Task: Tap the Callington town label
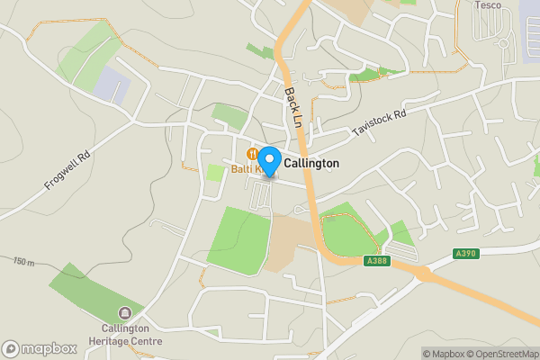tap(311, 164)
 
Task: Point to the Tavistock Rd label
tap(380, 123)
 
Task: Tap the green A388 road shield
tap(377, 261)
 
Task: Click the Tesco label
tap(488, 4)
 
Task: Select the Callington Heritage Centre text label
tap(125, 335)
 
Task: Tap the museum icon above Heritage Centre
tap(125, 314)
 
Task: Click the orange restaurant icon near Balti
tap(254, 153)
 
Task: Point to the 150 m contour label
tap(23, 261)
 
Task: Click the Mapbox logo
tap(39, 348)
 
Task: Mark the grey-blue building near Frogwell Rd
tap(112, 85)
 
